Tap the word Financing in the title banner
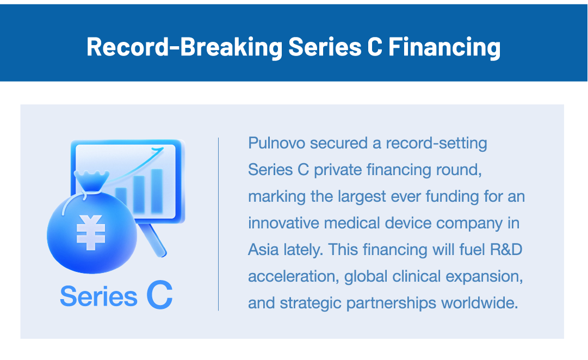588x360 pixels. [444, 47]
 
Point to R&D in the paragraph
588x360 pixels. [506, 250]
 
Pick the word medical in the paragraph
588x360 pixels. [352, 223]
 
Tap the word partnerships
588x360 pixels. [391, 303]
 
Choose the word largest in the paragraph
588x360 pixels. [362, 196]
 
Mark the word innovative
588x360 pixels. [283, 223]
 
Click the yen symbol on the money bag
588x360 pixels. [90, 233]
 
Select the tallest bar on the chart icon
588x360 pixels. [157, 191]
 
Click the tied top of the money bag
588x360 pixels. [91, 181]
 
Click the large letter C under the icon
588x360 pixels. [160, 295]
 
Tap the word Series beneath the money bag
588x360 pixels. [98, 296]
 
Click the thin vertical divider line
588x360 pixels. [218, 224]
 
